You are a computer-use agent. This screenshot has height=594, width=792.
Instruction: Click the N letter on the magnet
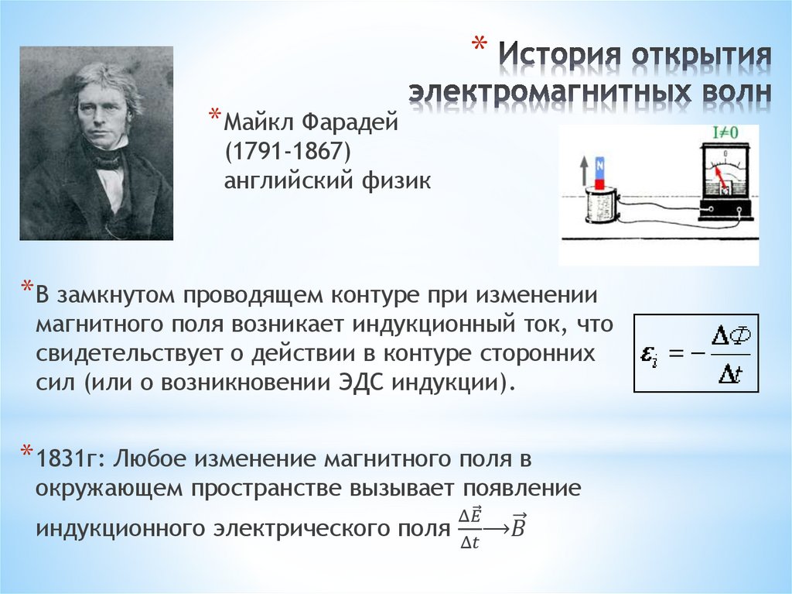[x=599, y=164]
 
